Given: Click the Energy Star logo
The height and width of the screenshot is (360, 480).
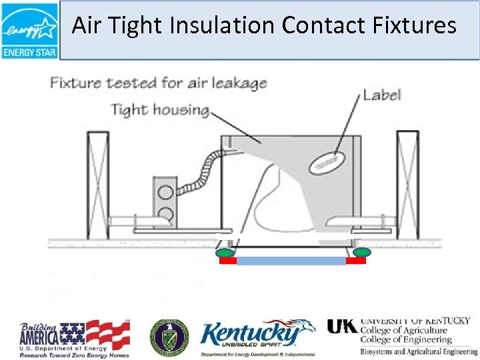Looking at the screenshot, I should point(30,31).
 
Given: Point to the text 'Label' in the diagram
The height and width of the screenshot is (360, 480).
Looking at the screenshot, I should point(381,95).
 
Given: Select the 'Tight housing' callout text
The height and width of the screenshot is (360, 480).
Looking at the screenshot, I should point(159,109).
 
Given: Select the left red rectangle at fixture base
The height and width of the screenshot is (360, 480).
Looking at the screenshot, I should point(227,261).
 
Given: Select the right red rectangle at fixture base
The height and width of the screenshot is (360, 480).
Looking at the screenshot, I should point(356,261).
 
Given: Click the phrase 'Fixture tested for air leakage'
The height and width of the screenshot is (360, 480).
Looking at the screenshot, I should point(158,83).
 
